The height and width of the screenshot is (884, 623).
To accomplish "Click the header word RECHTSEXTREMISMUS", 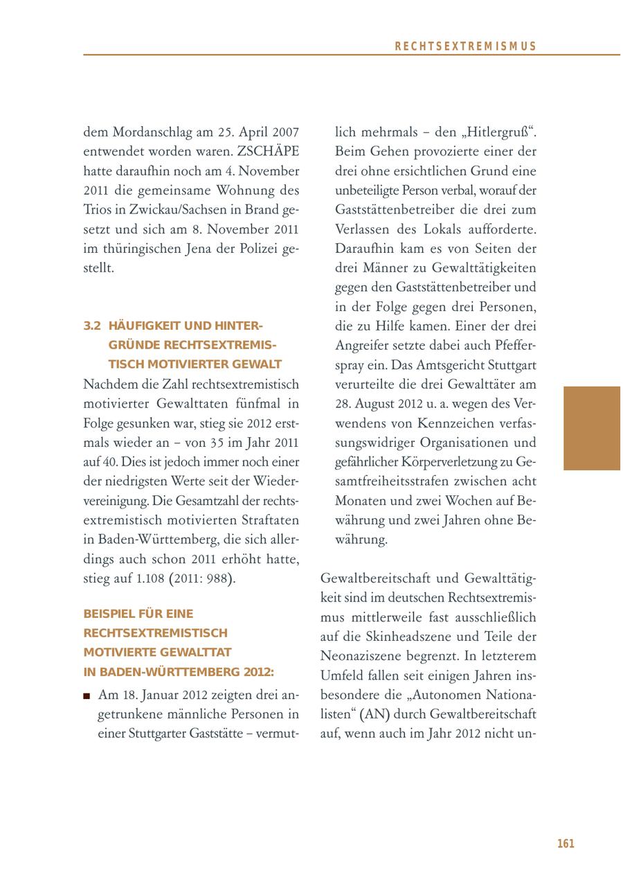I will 466,46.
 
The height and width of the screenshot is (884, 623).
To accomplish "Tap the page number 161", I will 566,844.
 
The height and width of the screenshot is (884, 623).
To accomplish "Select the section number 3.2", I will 92,326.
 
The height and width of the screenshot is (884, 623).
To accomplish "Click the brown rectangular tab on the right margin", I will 592,428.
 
